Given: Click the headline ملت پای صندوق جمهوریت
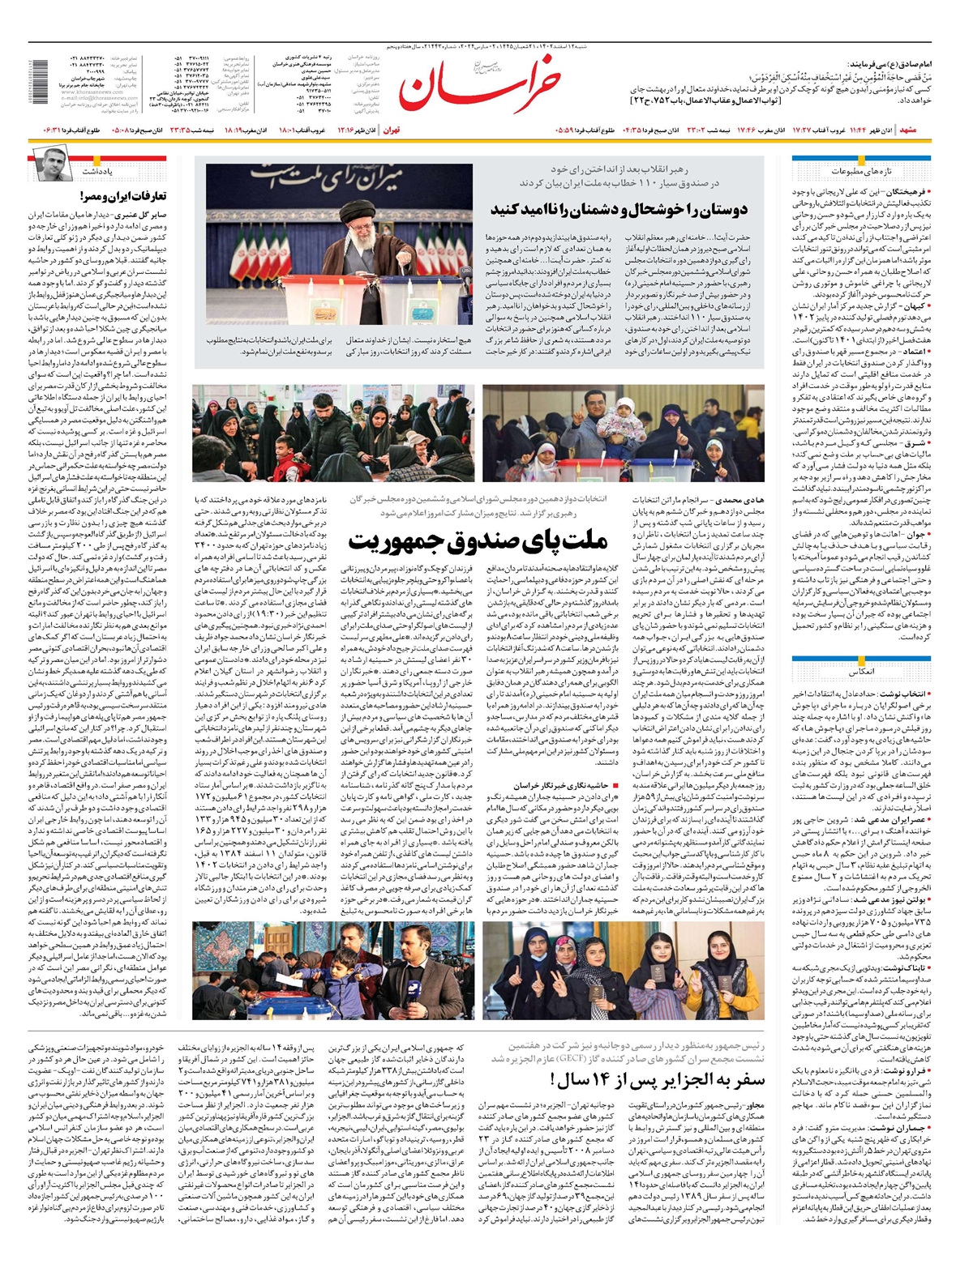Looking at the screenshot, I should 478,540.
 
